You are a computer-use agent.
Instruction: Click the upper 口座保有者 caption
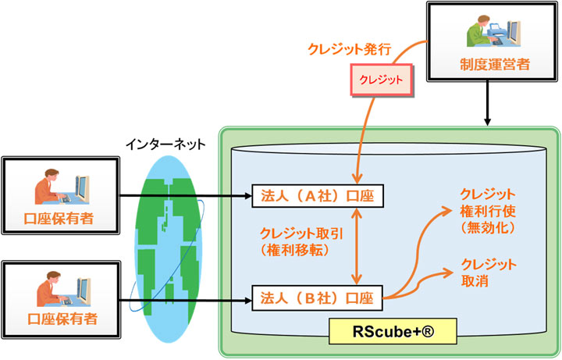coord(61,217)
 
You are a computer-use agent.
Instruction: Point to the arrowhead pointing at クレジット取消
coord(450,271)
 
